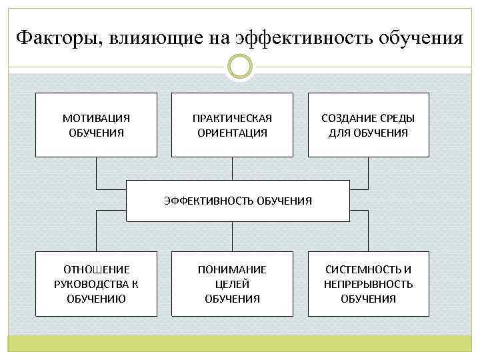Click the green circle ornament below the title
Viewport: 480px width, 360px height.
coord(240,66)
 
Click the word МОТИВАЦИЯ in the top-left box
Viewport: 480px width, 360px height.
coord(96,118)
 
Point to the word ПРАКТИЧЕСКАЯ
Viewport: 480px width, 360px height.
coord(232,118)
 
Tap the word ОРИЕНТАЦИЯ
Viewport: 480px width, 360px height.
coord(232,133)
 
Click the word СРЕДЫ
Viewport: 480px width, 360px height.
coord(396,118)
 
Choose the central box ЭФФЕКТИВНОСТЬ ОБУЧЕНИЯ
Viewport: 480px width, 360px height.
coord(238,201)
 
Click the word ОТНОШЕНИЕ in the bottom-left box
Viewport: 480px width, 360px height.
coord(96,269)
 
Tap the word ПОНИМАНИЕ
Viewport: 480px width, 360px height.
coord(232,269)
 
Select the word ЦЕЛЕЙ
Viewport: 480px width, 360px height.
coord(232,284)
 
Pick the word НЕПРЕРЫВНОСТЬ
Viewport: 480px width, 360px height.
coord(368,284)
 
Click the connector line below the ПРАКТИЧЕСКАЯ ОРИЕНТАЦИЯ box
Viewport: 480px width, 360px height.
coord(232,168)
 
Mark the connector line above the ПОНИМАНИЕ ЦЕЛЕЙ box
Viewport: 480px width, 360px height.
coord(232,236)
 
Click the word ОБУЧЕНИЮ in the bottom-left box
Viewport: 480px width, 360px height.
coord(96,299)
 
